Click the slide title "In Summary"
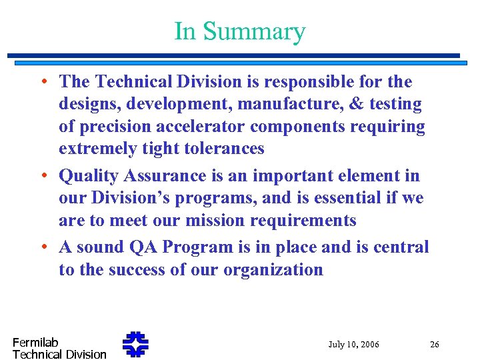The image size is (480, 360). click(239, 31)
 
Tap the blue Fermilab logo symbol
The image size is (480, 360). click(135, 344)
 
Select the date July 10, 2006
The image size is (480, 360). click(353, 345)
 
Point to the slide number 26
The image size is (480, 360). click(434, 345)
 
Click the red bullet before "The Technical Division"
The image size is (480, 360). click(43, 83)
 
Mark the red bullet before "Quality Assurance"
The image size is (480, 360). click(43, 177)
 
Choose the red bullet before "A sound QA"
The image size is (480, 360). click(43, 247)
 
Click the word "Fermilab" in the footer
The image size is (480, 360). click(35, 343)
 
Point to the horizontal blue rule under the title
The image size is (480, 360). click(233, 56)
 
